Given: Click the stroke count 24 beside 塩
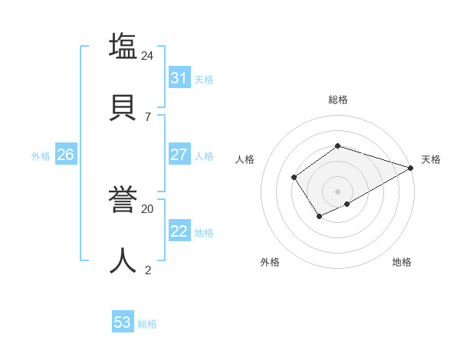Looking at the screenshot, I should point(148,55).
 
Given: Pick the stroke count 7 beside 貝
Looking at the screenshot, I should point(148,116).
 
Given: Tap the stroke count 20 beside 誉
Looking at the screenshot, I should point(148,208).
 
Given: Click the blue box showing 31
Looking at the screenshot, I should point(179,78).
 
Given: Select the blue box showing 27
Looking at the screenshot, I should point(179,155).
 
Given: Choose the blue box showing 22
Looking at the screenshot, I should point(179,231).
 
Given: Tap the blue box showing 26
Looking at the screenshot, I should point(65,155).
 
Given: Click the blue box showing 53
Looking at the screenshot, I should point(123,322).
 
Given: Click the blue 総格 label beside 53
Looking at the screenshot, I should point(148,324).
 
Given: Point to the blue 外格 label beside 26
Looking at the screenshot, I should point(41,156).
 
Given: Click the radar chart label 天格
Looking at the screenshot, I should point(431,159).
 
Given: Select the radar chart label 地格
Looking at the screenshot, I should point(402,262).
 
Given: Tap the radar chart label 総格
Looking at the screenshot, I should point(338,100).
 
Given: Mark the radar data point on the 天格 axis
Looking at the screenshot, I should point(411,168).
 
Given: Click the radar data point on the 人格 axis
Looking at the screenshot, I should point(294,178).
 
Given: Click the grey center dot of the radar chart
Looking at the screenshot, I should point(338,191).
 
